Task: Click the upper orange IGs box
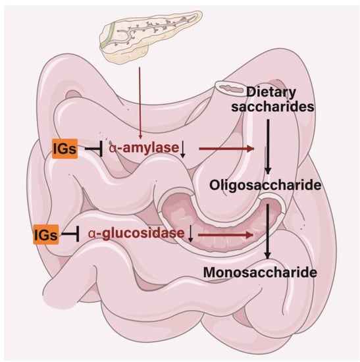tap(65, 149)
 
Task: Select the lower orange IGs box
tap(45, 233)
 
